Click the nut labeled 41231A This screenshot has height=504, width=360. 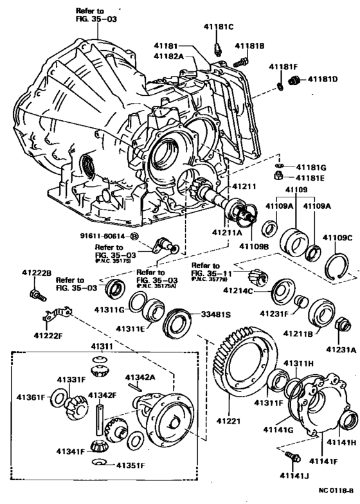point(343,325)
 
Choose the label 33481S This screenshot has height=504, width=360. point(215,315)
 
